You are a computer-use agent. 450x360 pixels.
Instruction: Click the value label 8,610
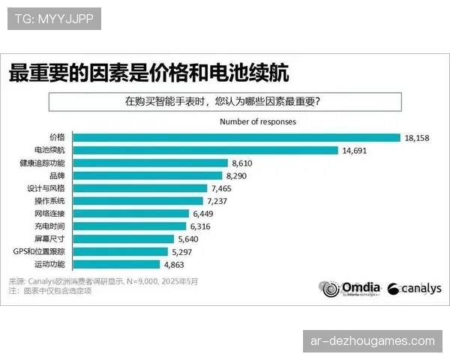tap(244, 163)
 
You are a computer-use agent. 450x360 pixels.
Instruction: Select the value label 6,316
tap(203, 226)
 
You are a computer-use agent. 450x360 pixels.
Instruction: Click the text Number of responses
tap(257, 121)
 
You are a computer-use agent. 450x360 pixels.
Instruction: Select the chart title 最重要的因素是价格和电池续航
tap(148, 73)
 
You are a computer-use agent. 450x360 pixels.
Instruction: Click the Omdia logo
tap(351, 289)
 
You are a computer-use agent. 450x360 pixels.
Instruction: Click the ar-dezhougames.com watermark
tap(372, 341)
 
